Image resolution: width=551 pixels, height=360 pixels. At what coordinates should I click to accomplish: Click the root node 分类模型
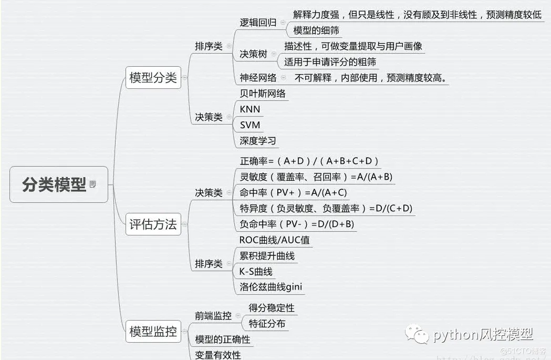(x=54, y=184)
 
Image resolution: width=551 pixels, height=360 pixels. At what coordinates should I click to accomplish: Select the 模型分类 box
(x=153, y=78)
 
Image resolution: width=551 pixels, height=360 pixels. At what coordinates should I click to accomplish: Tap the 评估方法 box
(x=153, y=224)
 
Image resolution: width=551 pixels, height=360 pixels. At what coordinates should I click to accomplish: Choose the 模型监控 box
(x=153, y=332)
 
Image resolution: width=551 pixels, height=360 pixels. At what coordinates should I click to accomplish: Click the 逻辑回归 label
(x=258, y=23)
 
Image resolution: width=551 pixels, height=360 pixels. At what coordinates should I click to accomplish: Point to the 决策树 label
(x=253, y=54)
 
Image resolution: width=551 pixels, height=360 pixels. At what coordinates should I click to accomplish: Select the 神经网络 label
(x=258, y=78)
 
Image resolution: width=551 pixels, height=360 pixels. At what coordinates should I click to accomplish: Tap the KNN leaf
(x=249, y=109)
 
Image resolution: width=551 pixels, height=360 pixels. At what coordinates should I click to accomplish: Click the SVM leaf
(x=249, y=125)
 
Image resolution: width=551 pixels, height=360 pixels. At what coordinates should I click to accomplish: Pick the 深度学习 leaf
(x=257, y=141)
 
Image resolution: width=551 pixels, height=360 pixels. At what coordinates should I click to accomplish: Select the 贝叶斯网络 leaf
(x=263, y=94)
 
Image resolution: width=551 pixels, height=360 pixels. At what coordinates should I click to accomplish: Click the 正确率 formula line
(x=309, y=161)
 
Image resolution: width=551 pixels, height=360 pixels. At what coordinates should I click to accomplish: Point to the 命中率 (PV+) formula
(x=293, y=192)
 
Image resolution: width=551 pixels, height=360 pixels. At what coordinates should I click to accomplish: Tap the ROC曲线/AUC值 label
(x=274, y=240)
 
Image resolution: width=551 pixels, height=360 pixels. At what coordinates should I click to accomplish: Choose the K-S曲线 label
(x=256, y=271)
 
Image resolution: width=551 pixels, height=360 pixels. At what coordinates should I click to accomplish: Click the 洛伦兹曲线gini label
(x=271, y=287)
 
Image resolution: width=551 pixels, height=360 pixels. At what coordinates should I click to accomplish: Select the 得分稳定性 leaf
(x=271, y=307)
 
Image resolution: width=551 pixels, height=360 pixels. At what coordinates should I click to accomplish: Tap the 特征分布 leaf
(x=267, y=324)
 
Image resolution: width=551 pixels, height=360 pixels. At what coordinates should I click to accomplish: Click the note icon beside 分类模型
(x=93, y=184)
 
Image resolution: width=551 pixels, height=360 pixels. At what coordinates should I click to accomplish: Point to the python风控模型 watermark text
(x=483, y=334)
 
